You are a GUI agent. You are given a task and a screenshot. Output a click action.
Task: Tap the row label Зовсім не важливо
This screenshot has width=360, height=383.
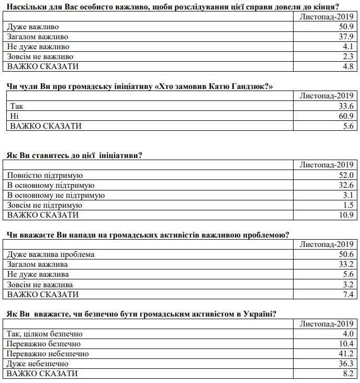[x=40, y=57]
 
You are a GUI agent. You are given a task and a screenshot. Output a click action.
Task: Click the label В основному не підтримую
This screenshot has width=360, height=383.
[x=56, y=195]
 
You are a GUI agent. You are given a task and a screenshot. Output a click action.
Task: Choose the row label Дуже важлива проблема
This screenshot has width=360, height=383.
[x=50, y=254]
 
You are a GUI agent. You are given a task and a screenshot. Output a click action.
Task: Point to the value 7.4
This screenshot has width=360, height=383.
[x=348, y=294]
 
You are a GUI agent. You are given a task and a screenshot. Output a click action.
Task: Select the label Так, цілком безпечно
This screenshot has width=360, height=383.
[x=44, y=334]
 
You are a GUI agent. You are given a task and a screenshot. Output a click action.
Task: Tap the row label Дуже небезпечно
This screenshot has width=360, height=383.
[x=37, y=364]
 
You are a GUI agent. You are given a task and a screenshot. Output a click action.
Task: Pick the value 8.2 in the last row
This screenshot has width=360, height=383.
[x=348, y=374]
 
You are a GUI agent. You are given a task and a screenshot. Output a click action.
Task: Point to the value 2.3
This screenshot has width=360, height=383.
[x=348, y=57]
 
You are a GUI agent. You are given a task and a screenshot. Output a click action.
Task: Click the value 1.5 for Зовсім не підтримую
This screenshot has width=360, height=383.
[x=348, y=205]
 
